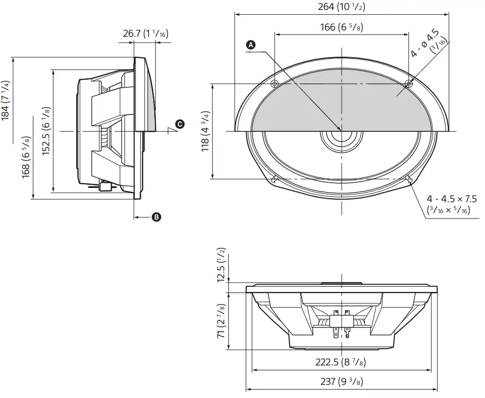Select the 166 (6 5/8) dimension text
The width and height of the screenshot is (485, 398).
(x=341, y=27)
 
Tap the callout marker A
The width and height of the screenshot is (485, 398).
(x=251, y=45)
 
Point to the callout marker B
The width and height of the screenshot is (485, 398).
(x=156, y=216)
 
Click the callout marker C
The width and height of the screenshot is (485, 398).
(x=180, y=124)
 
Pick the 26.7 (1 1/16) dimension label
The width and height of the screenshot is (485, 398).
(x=145, y=34)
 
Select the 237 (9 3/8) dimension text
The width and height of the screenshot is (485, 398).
(x=341, y=382)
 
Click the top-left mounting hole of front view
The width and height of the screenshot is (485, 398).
(x=275, y=83)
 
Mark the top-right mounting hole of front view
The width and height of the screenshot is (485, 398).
(x=409, y=83)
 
